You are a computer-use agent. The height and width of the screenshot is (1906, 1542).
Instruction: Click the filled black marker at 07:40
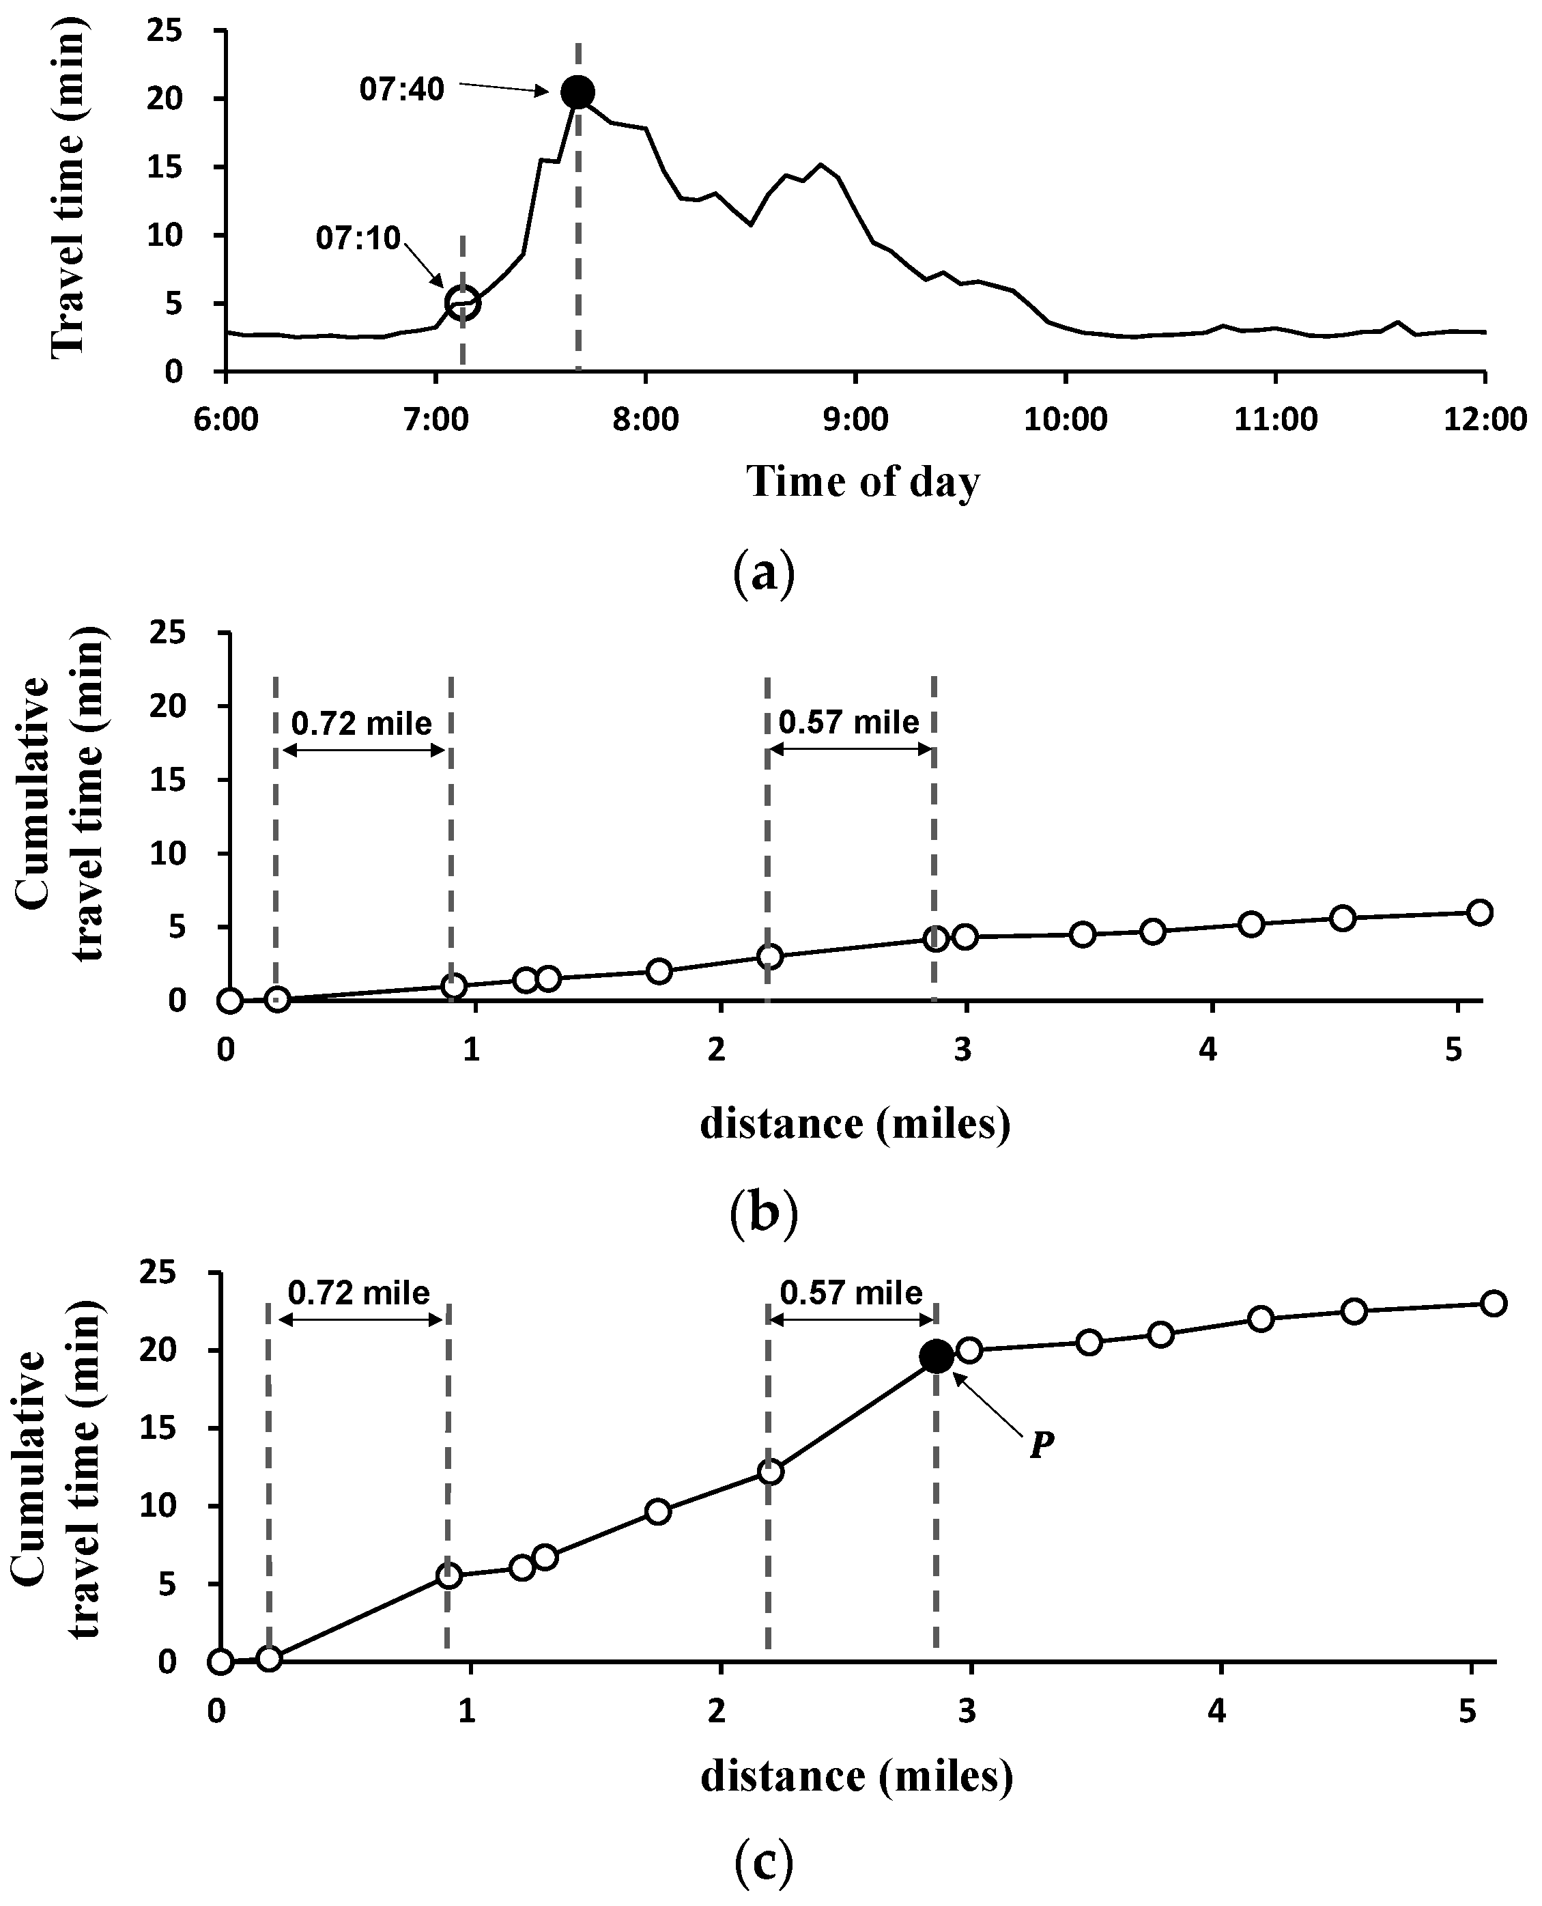click(x=578, y=92)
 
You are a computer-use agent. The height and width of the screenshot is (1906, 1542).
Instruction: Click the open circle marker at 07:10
click(x=463, y=303)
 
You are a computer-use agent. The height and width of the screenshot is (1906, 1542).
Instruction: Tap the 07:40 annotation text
click(x=401, y=89)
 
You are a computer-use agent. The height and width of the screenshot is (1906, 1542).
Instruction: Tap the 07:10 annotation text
click(x=358, y=238)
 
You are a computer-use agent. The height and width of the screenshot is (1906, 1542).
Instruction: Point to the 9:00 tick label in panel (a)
click(x=855, y=419)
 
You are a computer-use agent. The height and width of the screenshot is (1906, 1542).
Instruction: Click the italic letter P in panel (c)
click(x=1041, y=1446)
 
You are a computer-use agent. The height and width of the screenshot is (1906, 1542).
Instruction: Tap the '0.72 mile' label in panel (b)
click(x=362, y=724)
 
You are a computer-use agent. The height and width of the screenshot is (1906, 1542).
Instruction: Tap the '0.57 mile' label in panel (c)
click(x=851, y=1292)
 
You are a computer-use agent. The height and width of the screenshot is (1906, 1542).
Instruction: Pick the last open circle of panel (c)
click(x=1493, y=1304)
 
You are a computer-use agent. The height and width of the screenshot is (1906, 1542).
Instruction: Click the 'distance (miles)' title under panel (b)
click(x=855, y=1124)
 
